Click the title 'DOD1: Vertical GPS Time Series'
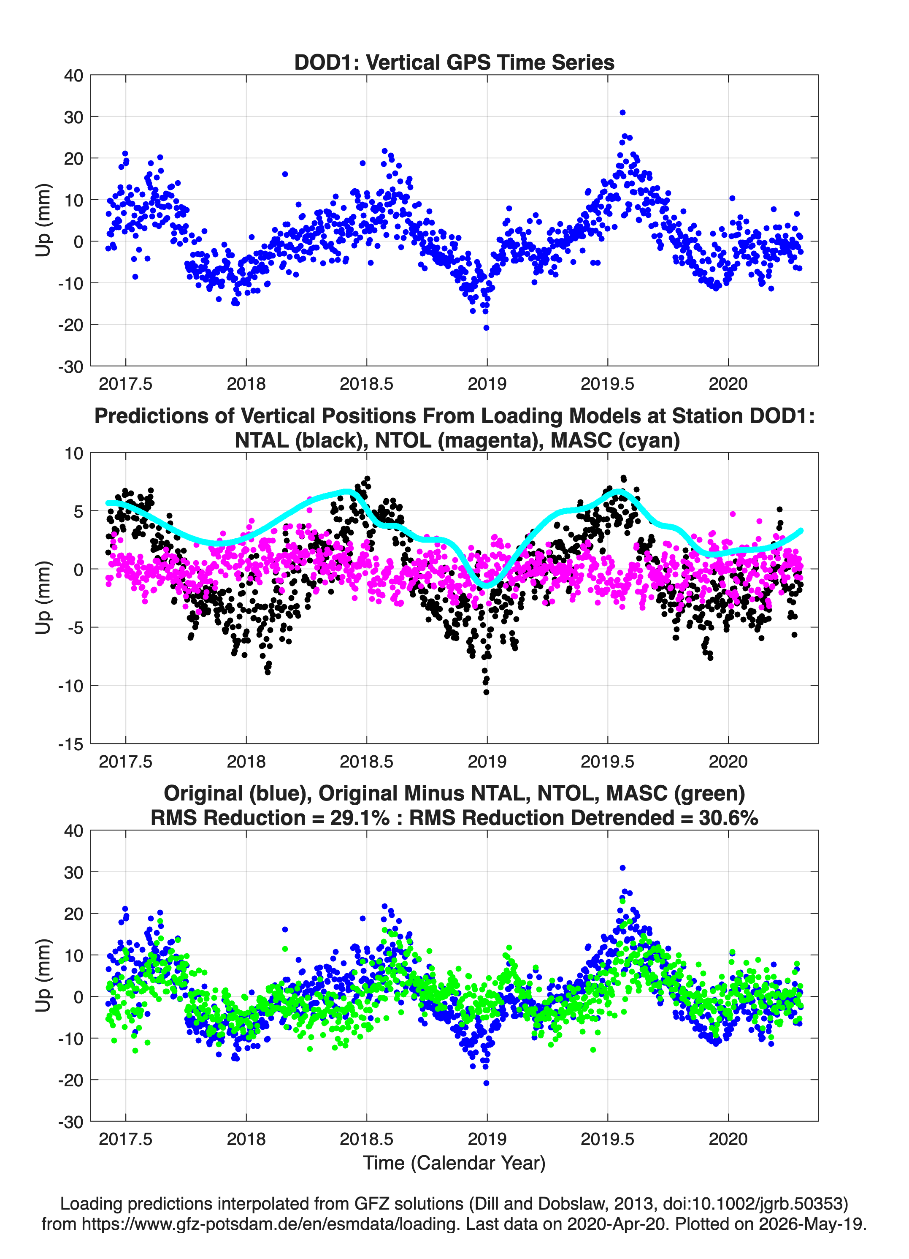(x=454, y=62)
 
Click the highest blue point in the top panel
(x=622, y=113)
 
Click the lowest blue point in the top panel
(x=486, y=328)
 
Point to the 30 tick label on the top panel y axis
(x=73, y=117)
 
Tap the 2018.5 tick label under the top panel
(x=366, y=384)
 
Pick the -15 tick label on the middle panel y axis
(x=70, y=744)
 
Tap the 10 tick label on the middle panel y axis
(x=74, y=453)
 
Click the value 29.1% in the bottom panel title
(x=360, y=818)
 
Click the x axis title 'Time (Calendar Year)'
(x=454, y=1163)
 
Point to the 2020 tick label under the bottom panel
(x=728, y=1139)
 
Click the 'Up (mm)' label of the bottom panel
(x=43, y=975)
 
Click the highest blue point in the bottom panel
(x=622, y=868)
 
